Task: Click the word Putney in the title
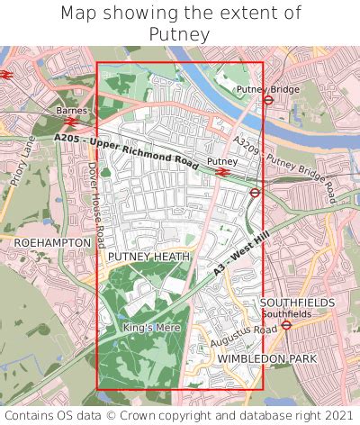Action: [179, 34]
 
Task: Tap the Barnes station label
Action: [71, 110]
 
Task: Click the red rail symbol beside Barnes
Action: [71, 121]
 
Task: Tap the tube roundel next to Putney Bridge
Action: [268, 100]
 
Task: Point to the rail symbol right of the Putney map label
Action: [222, 172]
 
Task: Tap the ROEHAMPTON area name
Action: [52, 243]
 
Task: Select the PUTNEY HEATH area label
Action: [148, 257]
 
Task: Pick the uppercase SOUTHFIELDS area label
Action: [297, 303]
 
